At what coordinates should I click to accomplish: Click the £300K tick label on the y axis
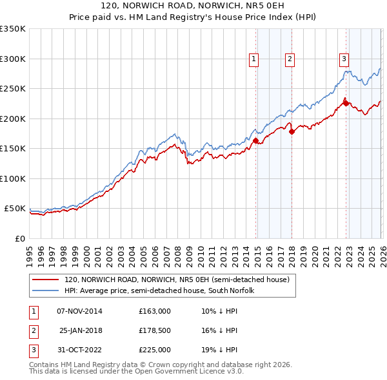pos(13,59)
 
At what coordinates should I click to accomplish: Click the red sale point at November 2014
pos(256,140)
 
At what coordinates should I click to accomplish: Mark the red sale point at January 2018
pos(292,131)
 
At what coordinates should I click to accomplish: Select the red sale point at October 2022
pos(346,103)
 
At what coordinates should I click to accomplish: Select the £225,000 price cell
pos(155,350)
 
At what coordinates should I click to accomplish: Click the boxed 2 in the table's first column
pos(31,330)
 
